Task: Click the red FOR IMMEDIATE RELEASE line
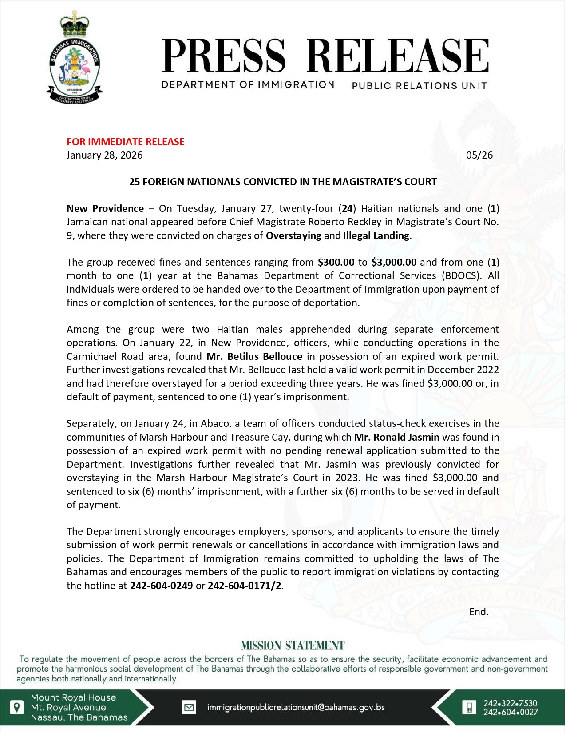[x=126, y=142]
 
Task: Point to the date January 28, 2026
[x=105, y=155]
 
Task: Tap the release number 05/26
[x=479, y=155]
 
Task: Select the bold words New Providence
[x=105, y=208]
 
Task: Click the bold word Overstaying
[x=293, y=235]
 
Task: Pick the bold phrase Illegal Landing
[x=376, y=235]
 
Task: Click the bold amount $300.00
[x=336, y=262]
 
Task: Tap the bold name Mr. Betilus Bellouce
[x=254, y=356]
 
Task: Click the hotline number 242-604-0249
[x=161, y=586]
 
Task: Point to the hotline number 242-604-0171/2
[x=245, y=586]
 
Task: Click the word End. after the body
[x=479, y=612]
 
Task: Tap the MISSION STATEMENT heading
[x=293, y=645]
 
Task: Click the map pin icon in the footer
[x=16, y=707]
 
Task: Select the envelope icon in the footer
[x=190, y=707]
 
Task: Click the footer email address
[x=296, y=707]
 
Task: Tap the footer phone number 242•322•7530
[x=510, y=703]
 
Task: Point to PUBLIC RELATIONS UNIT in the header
[x=419, y=85]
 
